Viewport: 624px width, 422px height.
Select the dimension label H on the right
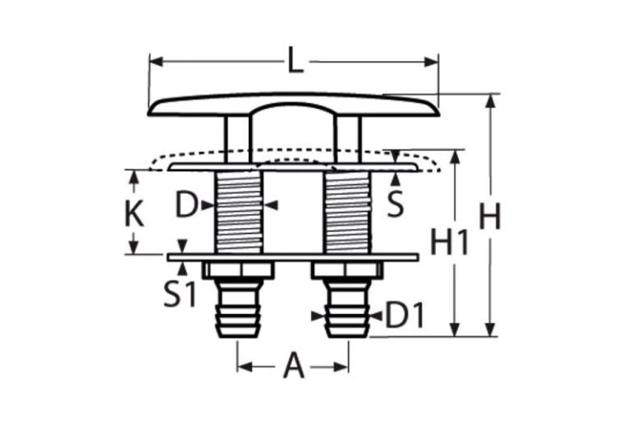[488, 217]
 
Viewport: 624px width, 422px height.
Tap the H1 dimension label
[448, 242]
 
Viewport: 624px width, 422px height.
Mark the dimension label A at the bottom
[293, 368]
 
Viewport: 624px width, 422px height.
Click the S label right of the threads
[395, 205]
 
